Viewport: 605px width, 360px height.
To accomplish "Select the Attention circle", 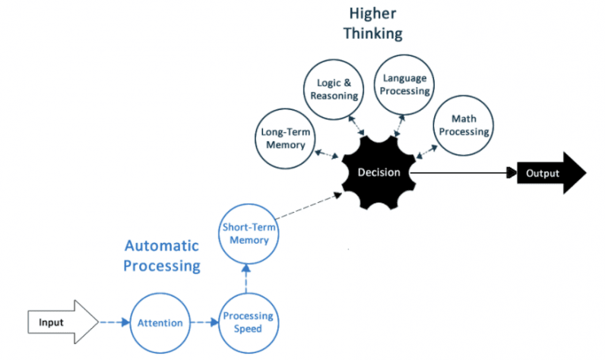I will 160,323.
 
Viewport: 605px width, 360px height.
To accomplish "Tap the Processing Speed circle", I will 247,323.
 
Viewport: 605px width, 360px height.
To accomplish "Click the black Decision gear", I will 379,172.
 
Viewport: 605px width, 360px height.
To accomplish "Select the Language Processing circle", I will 406,84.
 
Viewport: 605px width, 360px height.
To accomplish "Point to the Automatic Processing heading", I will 162,256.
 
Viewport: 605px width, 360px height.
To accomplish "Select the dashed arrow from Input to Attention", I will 115,323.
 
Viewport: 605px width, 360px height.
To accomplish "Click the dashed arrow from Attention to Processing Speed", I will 204,323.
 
